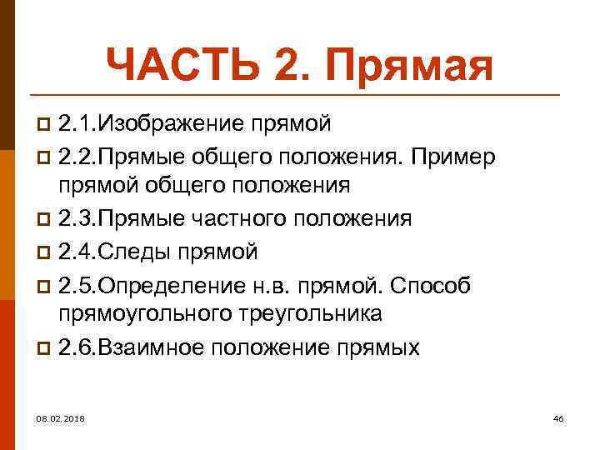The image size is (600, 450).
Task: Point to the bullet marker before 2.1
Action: click(46, 125)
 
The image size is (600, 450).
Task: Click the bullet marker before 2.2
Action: click(46, 157)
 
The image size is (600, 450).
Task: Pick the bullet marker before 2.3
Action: click(46, 220)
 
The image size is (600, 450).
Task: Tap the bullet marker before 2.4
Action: click(46, 252)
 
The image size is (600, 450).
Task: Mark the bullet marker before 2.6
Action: click(46, 347)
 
